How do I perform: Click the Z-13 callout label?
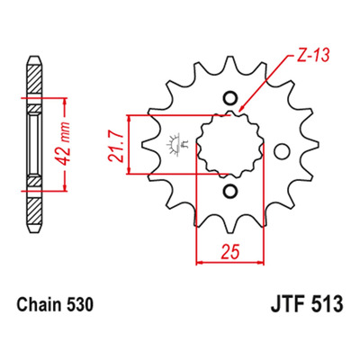313,56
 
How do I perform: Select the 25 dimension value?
230,251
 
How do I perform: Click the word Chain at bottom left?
36,304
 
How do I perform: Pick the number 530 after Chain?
76,304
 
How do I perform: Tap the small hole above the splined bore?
230,98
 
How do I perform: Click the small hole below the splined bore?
230,190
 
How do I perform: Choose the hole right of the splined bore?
283,151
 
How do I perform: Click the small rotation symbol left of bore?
178,145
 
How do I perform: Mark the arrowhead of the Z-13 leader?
242,109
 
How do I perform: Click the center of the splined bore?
230,144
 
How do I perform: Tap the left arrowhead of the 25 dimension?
199,263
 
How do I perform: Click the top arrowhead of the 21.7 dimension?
129,119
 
